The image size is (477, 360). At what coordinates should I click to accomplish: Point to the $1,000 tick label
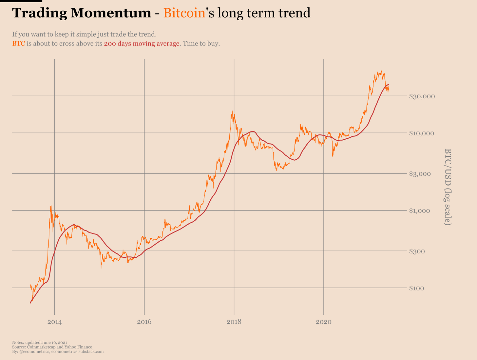(420, 211)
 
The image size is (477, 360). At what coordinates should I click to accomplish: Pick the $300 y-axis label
(418, 251)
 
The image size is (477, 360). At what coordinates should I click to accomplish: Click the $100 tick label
(418, 289)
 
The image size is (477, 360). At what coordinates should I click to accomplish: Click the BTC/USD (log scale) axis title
(448, 187)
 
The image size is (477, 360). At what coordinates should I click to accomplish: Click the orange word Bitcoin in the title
(184, 13)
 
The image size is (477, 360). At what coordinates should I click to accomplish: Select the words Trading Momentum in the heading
(82, 13)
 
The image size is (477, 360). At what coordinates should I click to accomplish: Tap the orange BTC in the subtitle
(19, 44)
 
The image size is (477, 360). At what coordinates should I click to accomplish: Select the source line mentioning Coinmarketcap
(52, 347)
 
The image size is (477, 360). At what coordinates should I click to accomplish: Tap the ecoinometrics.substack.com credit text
(78, 351)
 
